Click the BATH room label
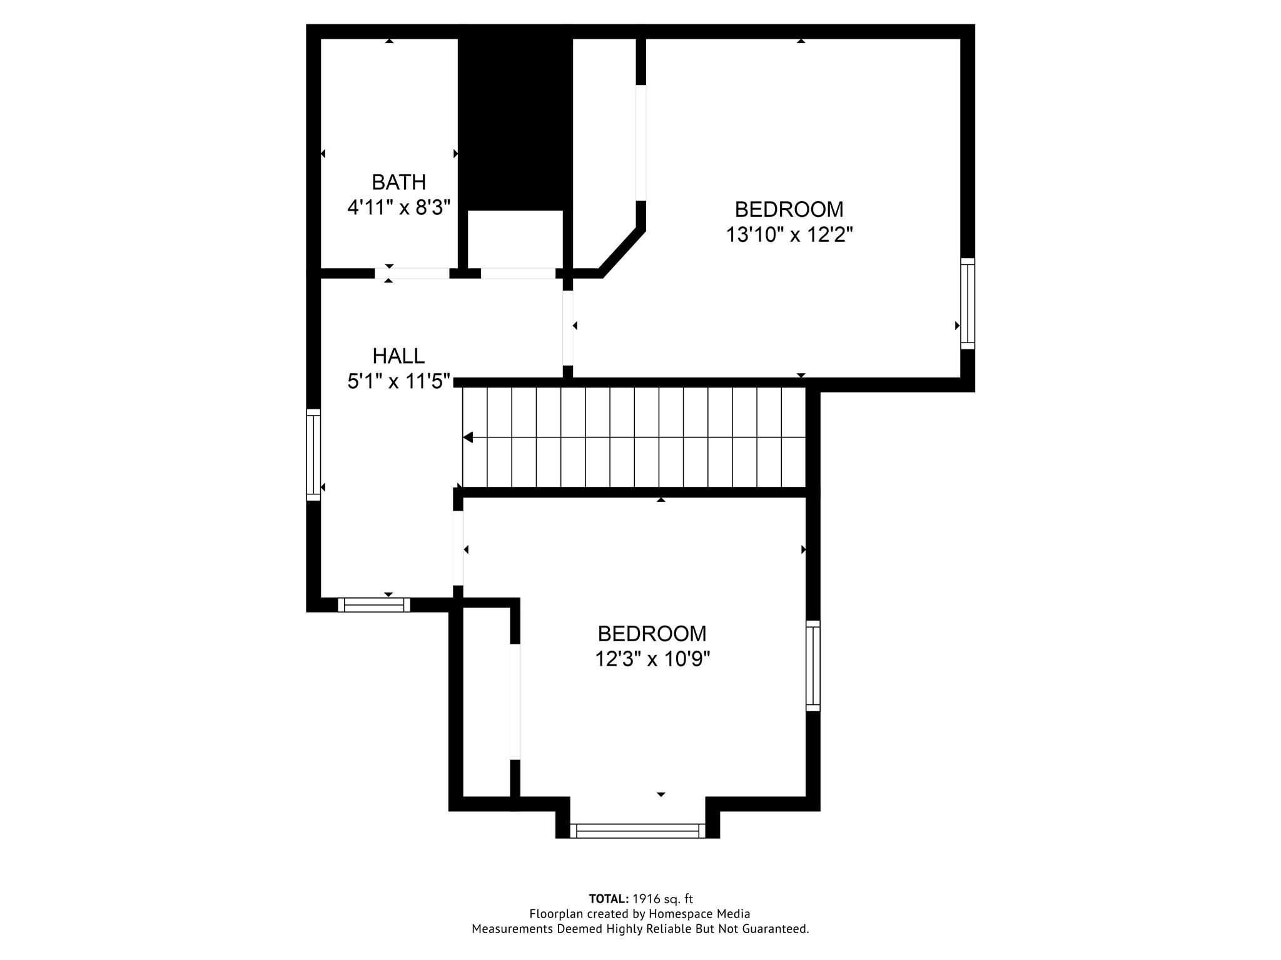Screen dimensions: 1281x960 399,182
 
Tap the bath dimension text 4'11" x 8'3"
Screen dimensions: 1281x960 399,207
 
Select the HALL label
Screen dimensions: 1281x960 398,356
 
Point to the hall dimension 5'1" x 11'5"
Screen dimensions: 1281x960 399,381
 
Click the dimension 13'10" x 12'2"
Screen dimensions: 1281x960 789,234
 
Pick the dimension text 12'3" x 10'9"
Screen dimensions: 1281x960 652,659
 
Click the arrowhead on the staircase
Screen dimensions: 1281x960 467,437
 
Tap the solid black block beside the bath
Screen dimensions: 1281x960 515,117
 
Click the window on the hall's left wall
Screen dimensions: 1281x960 313,454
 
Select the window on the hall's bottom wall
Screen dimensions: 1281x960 374,604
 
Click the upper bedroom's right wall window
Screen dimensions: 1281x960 968,304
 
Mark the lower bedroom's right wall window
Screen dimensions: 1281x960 813,666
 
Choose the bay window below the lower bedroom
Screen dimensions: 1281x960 638,831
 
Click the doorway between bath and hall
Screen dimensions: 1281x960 412,273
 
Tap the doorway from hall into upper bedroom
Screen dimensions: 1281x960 568,328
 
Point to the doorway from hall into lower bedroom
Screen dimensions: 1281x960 458,548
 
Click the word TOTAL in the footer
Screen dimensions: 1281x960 609,899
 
